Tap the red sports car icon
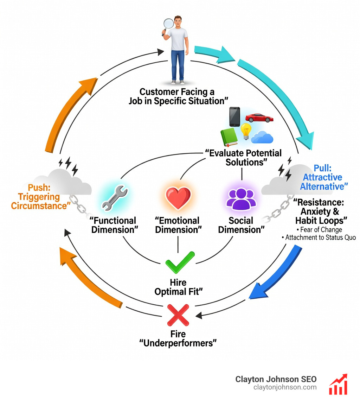(259, 118)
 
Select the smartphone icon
(234, 116)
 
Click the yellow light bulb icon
(246, 131)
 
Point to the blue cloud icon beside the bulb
(262, 137)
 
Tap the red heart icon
(178, 199)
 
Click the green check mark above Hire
(179, 261)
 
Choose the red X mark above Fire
(178, 314)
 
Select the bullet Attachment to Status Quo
(320, 238)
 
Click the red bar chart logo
(338, 384)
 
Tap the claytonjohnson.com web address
(285, 387)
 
